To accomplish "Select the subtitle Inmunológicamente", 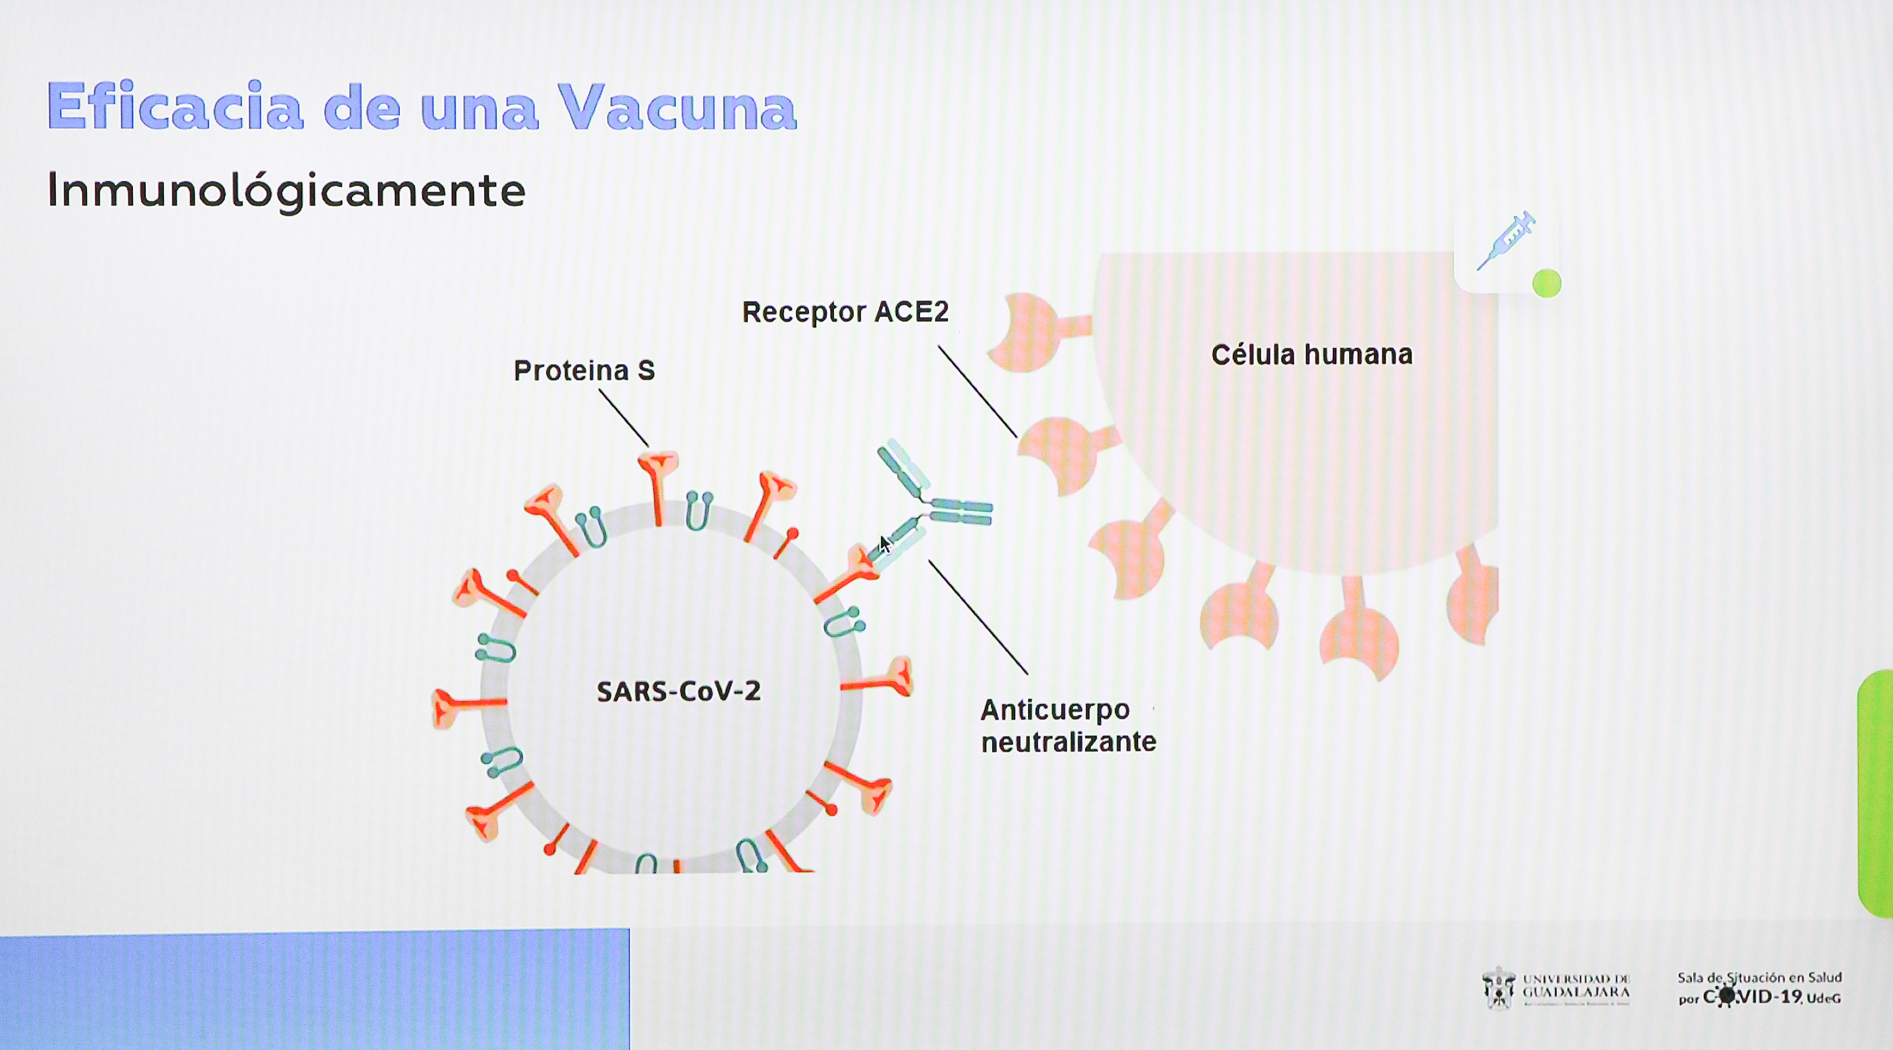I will click(x=286, y=190).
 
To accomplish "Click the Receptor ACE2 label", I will click(x=845, y=312).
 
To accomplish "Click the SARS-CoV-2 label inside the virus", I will click(x=678, y=692).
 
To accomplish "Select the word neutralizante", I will click(x=1068, y=742).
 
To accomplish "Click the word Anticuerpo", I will click(x=1055, y=710).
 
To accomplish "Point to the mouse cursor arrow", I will click(x=885, y=545).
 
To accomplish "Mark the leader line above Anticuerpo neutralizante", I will click(x=977, y=616).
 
